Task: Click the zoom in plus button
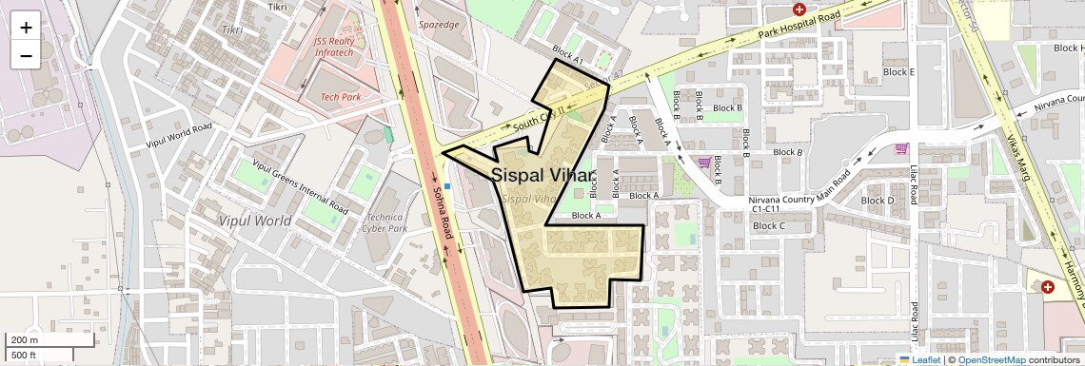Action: pyautogui.click(x=26, y=27)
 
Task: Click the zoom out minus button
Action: pyautogui.click(x=26, y=55)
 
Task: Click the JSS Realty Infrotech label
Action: pyautogui.click(x=340, y=47)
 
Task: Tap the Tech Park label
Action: pyautogui.click(x=340, y=97)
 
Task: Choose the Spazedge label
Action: pyautogui.click(x=439, y=24)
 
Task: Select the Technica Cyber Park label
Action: pyautogui.click(x=385, y=222)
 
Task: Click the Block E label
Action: pyautogui.click(x=898, y=72)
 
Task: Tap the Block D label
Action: pyautogui.click(x=877, y=201)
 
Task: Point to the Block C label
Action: pyautogui.click(x=768, y=226)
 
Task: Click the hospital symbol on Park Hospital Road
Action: pyautogui.click(x=799, y=10)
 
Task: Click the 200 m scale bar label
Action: pyautogui.click(x=25, y=340)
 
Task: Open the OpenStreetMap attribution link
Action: pyautogui.click(x=991, y=360)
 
